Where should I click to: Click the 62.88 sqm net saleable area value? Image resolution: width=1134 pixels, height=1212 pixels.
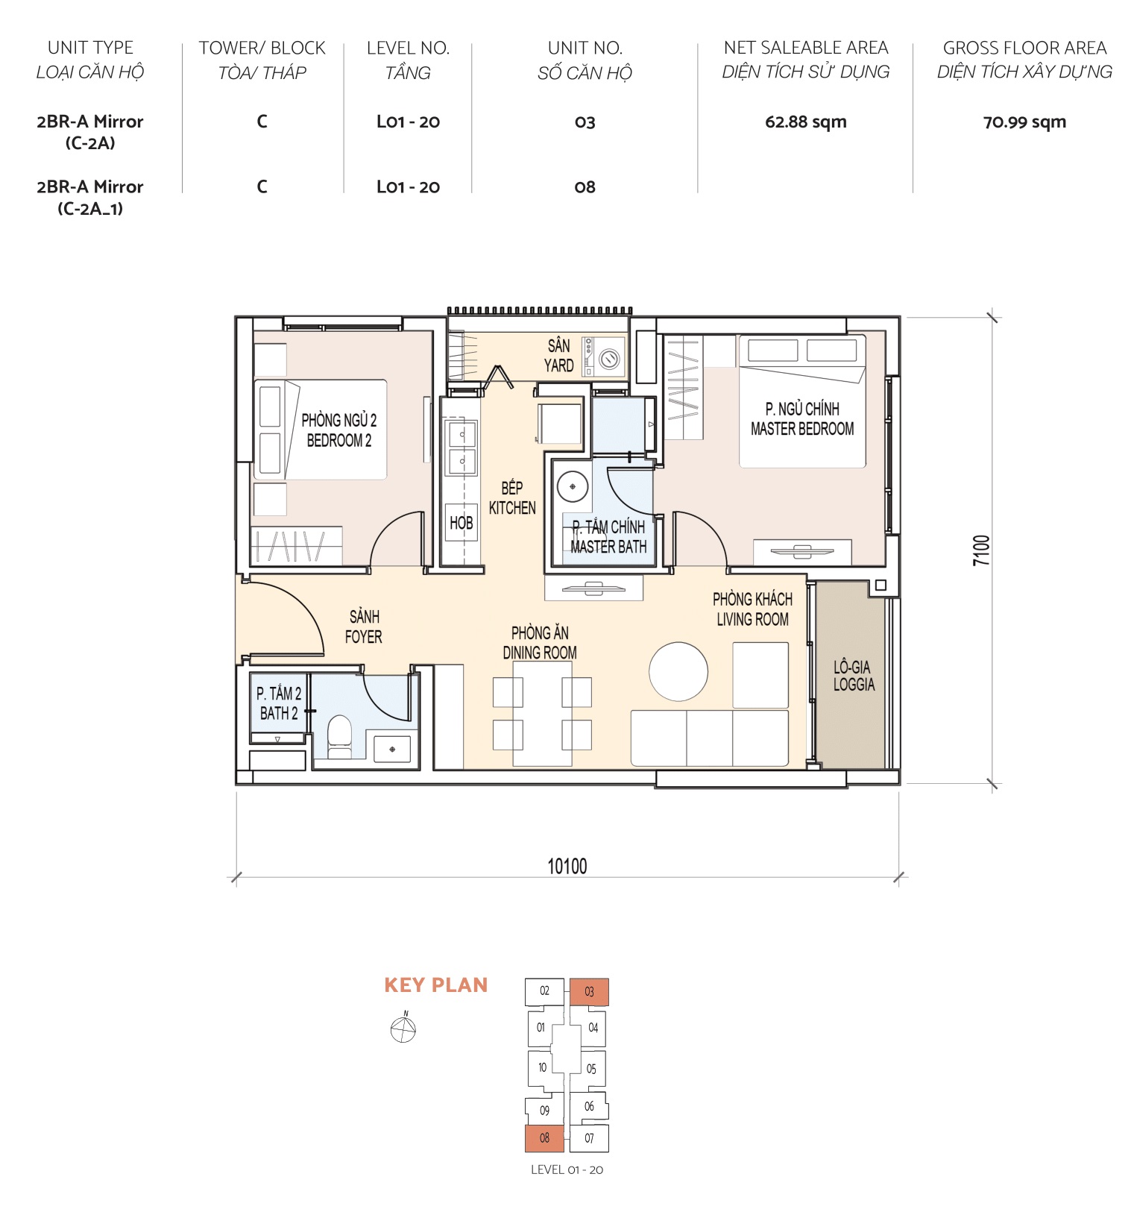pos(805,122)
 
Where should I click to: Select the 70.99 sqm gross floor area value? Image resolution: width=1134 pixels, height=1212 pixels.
pos(1024,122)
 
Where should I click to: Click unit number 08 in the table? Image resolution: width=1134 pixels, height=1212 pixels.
pos(585,187)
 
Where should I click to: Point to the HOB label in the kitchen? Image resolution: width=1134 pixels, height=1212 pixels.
pos(461,523)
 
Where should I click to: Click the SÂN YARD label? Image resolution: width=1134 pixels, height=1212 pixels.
pos(558,356)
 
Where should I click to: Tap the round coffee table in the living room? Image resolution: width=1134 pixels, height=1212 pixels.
pos(678,671)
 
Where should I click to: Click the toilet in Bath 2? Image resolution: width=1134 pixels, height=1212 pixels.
pos(339,735)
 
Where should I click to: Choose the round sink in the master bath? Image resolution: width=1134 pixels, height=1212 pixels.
pos(573,486)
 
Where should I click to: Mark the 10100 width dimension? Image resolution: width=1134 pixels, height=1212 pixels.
pos(567,866)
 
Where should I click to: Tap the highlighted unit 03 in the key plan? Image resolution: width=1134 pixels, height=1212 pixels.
pos(589,992)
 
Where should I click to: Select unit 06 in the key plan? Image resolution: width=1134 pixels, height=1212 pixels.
pos(589,1106)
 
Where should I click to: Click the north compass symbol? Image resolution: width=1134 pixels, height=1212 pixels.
pos(403,1029)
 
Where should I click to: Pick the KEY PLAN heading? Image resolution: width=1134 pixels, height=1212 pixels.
pos(435,985)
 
